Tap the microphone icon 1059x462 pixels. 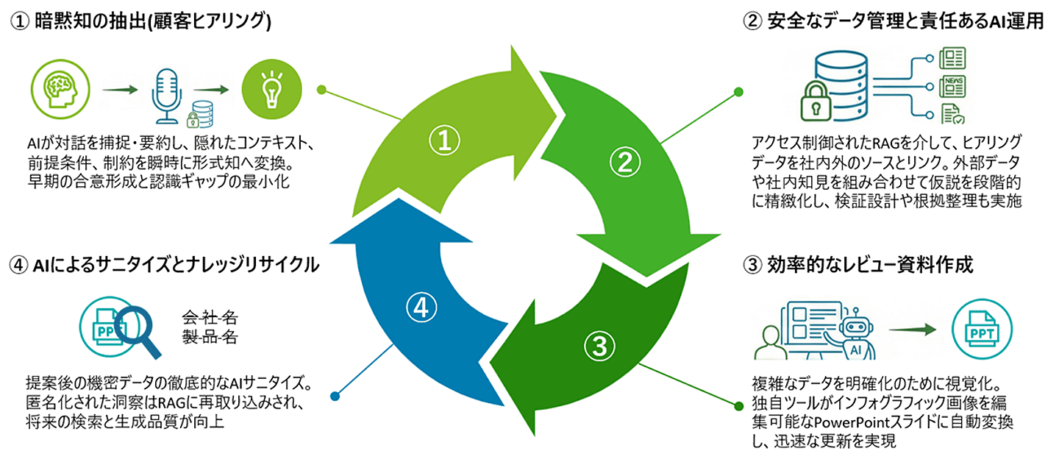[x=165, y=94]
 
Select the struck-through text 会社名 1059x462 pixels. [x=210, y=319]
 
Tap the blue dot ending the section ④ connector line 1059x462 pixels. [x=335, y=396]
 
